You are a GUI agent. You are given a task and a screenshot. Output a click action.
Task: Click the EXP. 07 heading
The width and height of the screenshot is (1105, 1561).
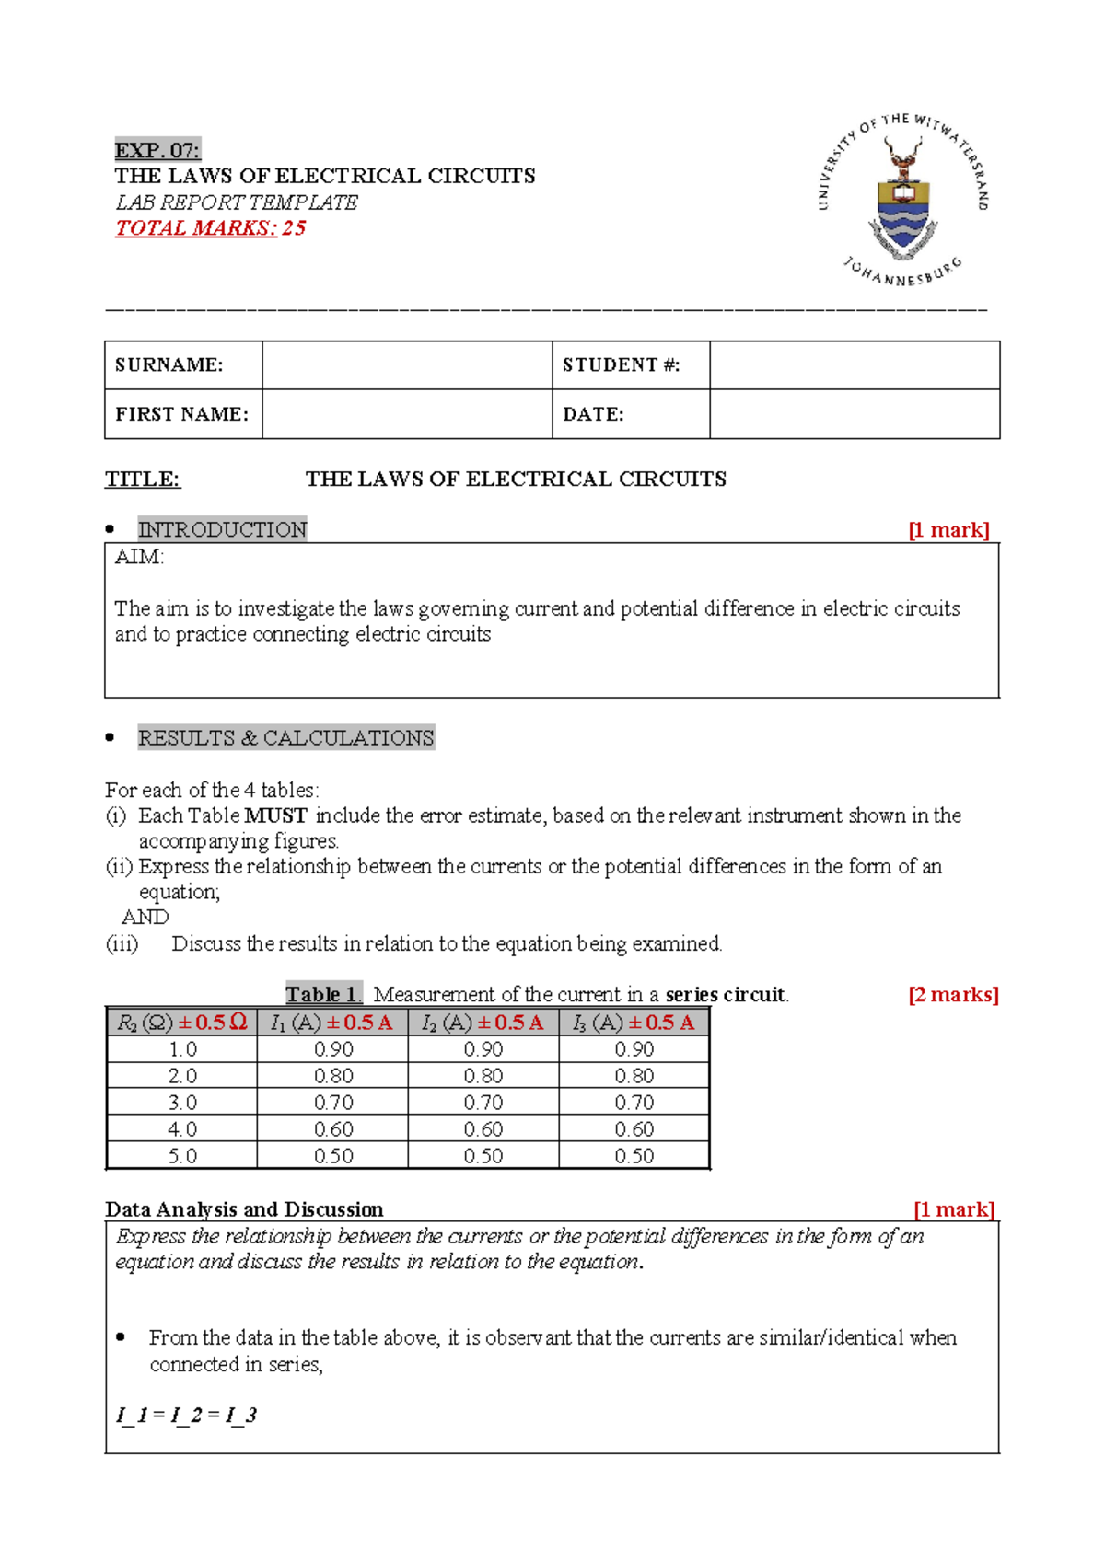157,150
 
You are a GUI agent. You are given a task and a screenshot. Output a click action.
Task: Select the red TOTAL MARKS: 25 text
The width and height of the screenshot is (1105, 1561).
210,228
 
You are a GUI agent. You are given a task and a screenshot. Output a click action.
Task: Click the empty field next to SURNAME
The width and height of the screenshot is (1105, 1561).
406,365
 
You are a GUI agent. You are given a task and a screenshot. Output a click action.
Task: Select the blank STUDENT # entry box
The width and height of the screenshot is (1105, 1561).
854,365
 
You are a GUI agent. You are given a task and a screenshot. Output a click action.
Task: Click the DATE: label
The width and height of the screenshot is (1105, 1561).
593,414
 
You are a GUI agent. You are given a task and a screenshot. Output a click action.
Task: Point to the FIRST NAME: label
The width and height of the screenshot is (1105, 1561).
181,414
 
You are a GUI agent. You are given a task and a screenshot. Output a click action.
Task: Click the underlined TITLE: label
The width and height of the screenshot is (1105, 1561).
143,479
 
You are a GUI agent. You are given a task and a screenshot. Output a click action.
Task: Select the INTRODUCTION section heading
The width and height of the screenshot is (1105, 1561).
222,529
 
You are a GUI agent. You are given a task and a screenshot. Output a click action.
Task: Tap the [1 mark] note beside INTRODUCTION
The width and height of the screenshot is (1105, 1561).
948,530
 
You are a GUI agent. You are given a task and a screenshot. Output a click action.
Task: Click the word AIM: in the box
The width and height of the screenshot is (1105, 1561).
139,557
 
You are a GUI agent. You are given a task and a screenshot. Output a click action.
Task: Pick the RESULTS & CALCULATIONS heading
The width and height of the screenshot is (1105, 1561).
285,738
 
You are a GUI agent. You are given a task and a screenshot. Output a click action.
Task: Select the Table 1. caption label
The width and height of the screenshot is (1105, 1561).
323,994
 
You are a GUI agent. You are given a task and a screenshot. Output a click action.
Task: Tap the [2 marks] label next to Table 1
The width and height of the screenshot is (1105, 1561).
953,994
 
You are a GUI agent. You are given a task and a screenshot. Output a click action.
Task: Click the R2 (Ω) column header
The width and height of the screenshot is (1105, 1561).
181,1023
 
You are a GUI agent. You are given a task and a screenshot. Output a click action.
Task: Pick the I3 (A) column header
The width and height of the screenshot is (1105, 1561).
634,1023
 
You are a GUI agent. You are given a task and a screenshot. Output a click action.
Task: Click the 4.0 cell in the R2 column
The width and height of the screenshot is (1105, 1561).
181,1128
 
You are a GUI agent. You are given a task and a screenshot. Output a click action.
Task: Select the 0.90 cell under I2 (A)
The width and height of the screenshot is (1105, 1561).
483,1049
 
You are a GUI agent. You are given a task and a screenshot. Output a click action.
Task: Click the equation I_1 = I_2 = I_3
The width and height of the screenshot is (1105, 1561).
186,1415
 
